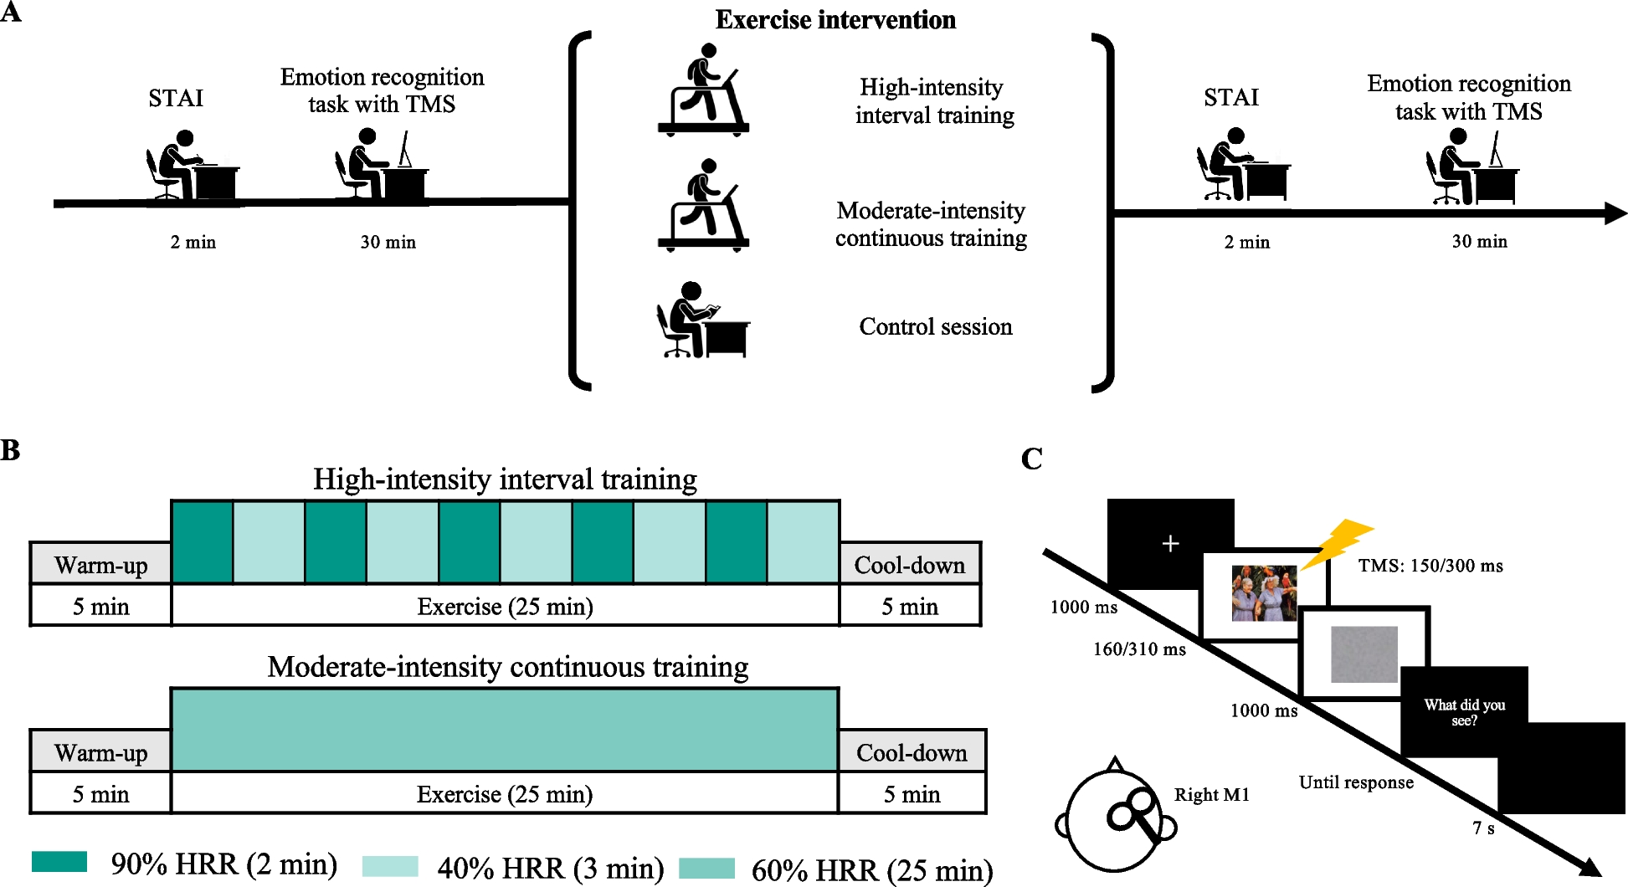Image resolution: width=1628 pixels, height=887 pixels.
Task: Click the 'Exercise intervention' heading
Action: (835, 20)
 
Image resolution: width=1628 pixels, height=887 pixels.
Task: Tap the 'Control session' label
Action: (935, 326)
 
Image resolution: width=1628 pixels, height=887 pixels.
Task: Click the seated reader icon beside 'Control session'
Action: (701, 320)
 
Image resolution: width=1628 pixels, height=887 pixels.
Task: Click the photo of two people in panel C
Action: (1264, 592)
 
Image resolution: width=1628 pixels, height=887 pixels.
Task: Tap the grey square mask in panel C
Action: (1364, 654)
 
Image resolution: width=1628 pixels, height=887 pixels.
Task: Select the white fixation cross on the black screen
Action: (1170, 544)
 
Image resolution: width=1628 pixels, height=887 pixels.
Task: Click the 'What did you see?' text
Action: (1464, 712)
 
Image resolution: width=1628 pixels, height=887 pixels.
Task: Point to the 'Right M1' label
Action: (1211, 795)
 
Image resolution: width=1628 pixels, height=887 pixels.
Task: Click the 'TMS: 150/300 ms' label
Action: (1430, 566)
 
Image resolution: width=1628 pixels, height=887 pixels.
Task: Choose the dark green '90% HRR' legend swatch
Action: (59, 862)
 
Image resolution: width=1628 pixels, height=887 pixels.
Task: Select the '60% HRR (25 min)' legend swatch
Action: (706, 868)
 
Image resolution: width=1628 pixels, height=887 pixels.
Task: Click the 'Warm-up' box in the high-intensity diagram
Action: (100, 565)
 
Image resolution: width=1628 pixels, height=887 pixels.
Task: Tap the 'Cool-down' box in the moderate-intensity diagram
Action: (912, 752)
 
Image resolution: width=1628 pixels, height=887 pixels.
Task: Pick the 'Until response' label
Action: (1356, 782)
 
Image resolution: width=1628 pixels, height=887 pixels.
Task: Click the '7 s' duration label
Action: (1483, 828)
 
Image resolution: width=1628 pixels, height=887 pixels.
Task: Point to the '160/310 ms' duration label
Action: (1139, 649)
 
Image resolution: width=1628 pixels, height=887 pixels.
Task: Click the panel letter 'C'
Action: (1032, 459)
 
